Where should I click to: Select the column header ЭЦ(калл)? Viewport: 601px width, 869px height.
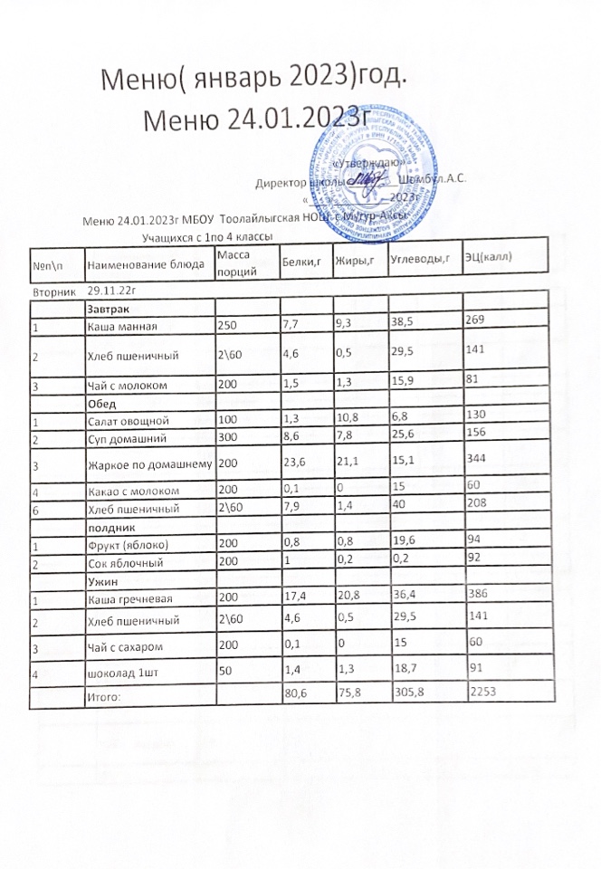(x=490, y=256)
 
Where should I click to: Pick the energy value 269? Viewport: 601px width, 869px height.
(x=476, y=319)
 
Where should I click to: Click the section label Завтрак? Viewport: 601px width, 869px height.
(x=107, y=310)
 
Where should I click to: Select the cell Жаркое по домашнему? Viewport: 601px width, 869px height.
(x=148, y=464)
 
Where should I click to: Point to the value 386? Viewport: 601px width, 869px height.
(x=476, y=595)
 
